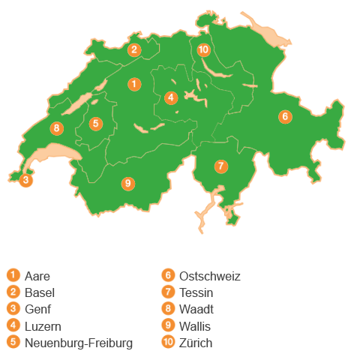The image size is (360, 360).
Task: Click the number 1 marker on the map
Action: click(x=133, y=84)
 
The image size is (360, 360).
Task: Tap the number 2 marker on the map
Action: click(x=133, y=50)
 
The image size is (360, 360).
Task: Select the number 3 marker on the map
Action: click(x=25, y=180)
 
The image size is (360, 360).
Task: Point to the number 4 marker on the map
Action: click(x=171, y=97)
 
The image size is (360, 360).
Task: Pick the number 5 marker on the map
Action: click(x=95, y=124)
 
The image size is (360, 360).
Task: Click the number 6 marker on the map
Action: click(x=285, y=116)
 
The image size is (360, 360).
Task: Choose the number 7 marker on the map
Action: click(x=220, y=166)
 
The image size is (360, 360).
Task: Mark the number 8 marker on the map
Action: click(x=56, y=128)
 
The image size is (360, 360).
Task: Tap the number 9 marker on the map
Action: click(x=128, y=183)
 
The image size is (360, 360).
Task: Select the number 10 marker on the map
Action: click(x=203, y=50)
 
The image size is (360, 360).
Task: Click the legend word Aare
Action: click(x=37, y=276)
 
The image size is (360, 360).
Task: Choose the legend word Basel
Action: click(x=40, y=292)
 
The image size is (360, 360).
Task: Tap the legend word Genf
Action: click(x=38, y=309)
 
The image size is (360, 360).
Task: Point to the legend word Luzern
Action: click(x=43, y=326)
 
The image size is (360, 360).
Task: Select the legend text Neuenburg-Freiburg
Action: click(x=79, y=343)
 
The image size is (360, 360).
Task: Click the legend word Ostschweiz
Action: click(x=210, y=276)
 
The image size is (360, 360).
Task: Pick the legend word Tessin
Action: click(x=197, y=292)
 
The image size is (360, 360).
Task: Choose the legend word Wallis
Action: click(x=196, y=326)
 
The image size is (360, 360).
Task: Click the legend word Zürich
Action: click(x=196, y=343)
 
